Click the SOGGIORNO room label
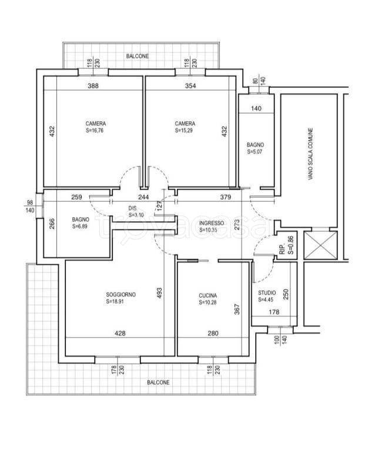click(121, 295)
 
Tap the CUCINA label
click(207, 295)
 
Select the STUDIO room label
click(267, 293)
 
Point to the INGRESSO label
click(212, 223)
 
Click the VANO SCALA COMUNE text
click(310, 154)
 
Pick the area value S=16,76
click(95, 130)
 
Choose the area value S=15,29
click(183, 130)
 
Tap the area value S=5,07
click(255, 152)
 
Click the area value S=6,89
click(80, 226)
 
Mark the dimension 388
click(93, 85)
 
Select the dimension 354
click(190, 85)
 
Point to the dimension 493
click(160, 293)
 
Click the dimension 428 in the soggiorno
click(120, 333)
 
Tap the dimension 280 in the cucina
click(213, 333)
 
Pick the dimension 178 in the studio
click(274, 312)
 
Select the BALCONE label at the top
click(138, 56)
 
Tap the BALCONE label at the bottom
click(158, 382)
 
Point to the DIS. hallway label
click(132, 208)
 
